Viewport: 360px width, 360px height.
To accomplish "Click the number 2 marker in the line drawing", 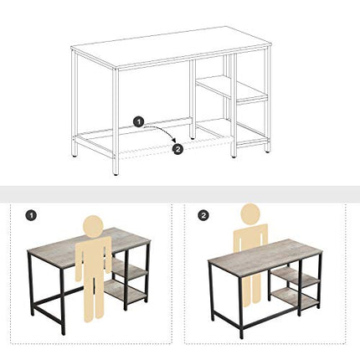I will (177, 150).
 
